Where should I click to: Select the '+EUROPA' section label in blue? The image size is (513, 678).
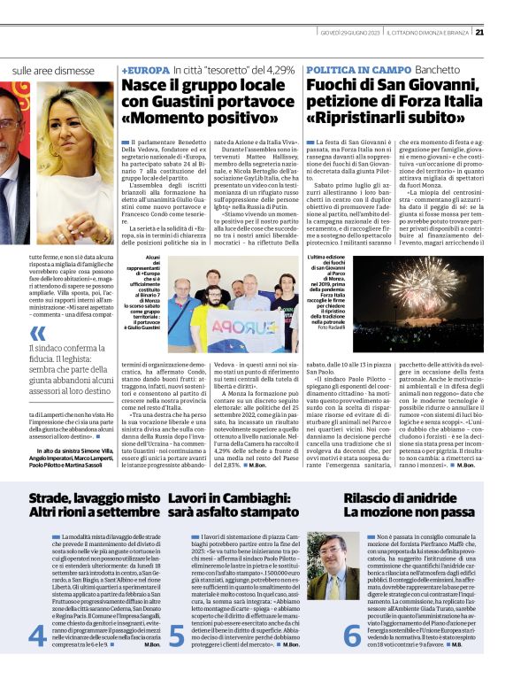coord(146,69)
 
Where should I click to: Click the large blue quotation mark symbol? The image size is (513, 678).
coord(37,334)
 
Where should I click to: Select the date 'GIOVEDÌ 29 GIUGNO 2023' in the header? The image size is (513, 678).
coord(350,34)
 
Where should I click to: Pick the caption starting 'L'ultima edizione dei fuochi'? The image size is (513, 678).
coord(331,292)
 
